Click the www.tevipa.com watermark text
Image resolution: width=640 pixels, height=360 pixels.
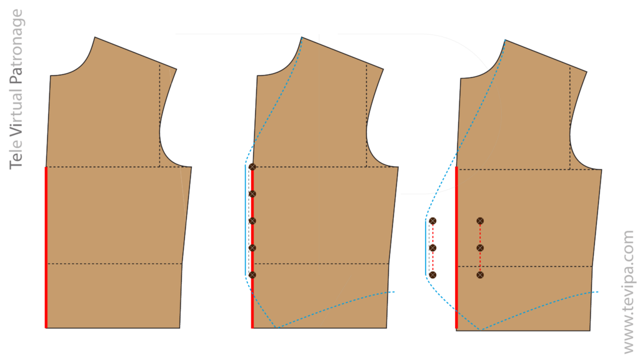[629, 292]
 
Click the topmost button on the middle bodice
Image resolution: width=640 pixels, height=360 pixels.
[252, 167]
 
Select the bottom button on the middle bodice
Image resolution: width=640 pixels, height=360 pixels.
[252, 275]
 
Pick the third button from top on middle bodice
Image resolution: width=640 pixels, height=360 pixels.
[252, 221]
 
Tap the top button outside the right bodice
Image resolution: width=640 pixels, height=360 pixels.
[432, 221]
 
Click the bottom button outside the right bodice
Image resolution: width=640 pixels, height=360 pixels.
[432, 275]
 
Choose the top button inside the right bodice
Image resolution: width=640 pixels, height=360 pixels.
[480, 221]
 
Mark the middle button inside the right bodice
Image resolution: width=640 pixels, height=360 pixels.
[480, 247]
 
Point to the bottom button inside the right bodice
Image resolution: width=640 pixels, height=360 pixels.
[480, 275]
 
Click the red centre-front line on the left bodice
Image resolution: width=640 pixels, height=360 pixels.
[46, 247]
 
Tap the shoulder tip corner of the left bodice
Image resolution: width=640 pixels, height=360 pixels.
[177, 69]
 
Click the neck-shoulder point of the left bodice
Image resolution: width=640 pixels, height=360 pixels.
[95, 37]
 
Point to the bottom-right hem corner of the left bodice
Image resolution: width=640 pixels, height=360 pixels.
[179, 327]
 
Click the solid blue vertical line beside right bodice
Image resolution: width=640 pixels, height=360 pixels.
[426, 247]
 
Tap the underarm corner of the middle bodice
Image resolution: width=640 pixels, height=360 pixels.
[398, 167]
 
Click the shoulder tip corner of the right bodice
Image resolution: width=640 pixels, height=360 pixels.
[587, 72]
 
